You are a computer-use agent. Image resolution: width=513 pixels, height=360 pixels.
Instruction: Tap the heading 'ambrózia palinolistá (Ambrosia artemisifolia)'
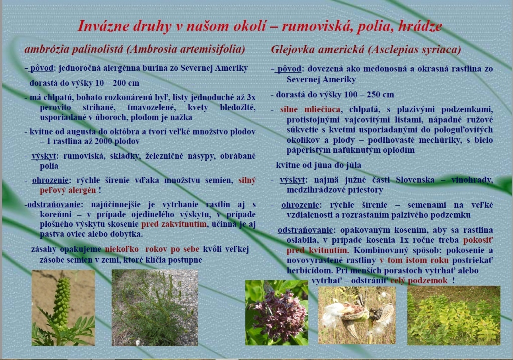(x=135, y=49)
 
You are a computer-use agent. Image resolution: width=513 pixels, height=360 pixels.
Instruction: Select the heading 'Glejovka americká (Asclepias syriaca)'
(x=366, y=50)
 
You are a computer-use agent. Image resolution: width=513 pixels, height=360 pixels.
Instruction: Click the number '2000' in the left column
(x=104, y=141)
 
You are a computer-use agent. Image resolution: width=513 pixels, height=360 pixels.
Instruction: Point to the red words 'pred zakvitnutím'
(x=174, y=224)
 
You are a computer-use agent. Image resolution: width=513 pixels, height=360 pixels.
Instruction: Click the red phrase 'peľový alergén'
(x=68, y=190)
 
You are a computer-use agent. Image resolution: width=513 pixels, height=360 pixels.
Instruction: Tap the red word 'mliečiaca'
(x=322, y=109)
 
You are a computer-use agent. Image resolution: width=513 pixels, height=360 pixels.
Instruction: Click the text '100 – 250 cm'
(x=368, y=95)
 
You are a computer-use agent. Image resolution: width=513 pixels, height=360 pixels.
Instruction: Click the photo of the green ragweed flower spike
(x=63, y=308)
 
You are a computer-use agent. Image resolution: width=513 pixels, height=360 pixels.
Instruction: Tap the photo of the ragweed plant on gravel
(x=155, y=308)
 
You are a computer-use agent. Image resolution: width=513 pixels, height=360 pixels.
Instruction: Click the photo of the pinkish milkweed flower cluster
(x=277, y=313)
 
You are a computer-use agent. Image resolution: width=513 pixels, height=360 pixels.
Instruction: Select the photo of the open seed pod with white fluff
(x=357, y=315)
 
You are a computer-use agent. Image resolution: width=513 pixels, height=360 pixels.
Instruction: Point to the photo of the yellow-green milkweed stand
(x=454, y=315)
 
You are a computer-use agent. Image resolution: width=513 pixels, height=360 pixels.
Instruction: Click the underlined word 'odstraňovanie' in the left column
(x=54, y=205)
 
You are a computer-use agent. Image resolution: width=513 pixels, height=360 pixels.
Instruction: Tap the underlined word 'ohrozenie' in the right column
(x=300, y=205)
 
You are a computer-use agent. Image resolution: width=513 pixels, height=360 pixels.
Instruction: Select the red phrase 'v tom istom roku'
(x=414, y=260)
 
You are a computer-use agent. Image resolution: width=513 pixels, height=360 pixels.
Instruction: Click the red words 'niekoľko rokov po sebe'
(x=152, y=249)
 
